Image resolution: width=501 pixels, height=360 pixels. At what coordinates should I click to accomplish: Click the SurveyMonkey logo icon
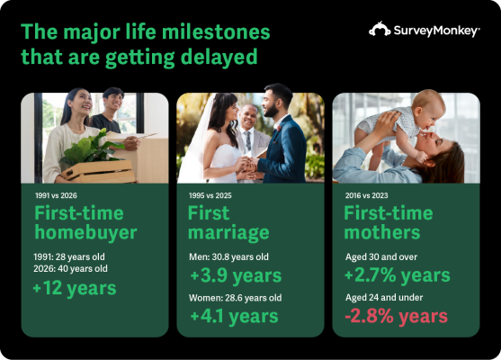[x=380, y=30]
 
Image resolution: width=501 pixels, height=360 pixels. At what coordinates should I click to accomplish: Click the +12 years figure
[x=74, y=288]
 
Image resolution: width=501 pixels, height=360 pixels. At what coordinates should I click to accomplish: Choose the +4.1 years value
[x=234, y=316]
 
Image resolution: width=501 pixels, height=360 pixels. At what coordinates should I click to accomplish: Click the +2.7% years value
[x=398, y=274]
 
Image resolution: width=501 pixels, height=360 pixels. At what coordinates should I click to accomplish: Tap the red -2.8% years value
[x=396, y=316]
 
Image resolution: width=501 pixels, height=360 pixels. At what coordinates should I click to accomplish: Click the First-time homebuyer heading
[x=85, y=223]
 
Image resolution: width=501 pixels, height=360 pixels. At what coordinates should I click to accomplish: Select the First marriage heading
[x=228, y=223]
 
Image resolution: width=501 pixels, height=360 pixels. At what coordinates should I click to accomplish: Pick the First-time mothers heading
[x=389, y=223]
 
